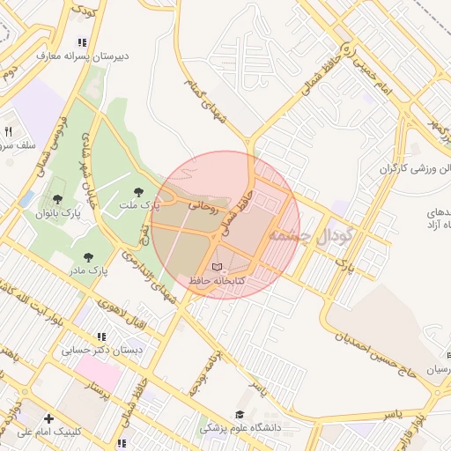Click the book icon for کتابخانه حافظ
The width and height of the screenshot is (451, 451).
pyautogui.click(x=218, y=266)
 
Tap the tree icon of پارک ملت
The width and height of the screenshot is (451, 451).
pyautogui.click(x=137, y=192)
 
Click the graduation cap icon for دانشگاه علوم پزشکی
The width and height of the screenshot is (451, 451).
pyautogui.click(x=240, y=415)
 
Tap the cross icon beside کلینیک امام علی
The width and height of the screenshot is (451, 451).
pyautogui.click(x=48, y=418)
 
